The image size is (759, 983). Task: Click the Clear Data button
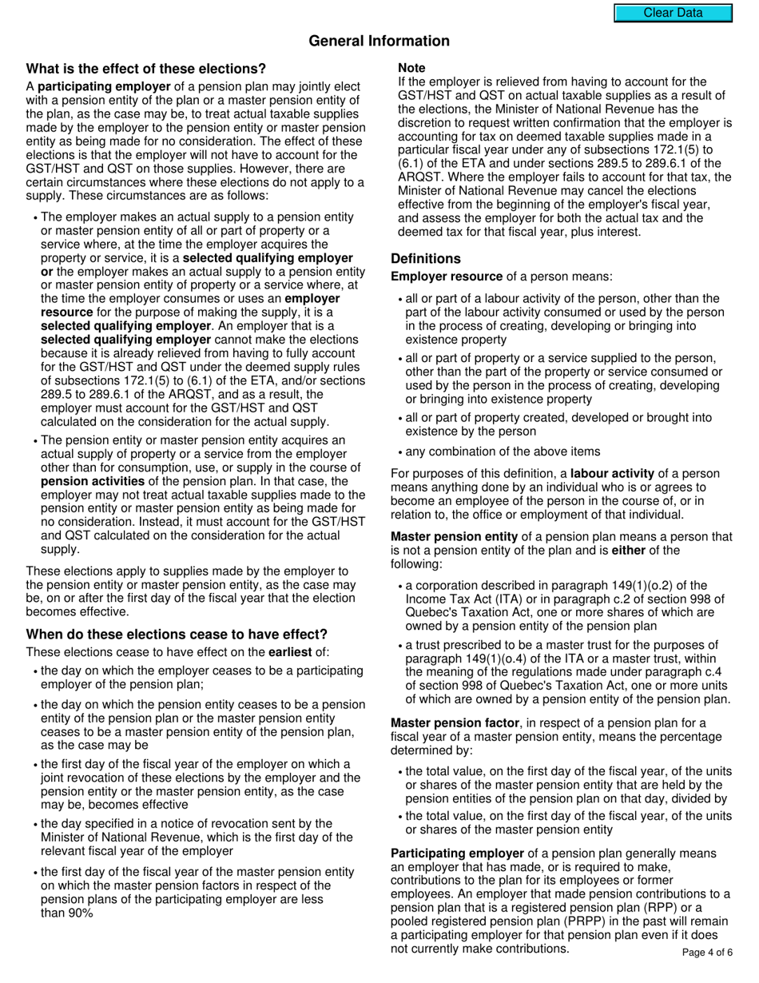click(673, 13)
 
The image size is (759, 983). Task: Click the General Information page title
click(379, 41)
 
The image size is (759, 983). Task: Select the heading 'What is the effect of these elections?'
click(146, 69)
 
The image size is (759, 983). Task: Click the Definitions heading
click(425, 259)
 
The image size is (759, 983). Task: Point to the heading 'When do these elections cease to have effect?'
click(177, 635)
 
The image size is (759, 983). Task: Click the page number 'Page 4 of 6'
click(707, 952)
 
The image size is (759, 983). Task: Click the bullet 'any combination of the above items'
click(503, 452)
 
